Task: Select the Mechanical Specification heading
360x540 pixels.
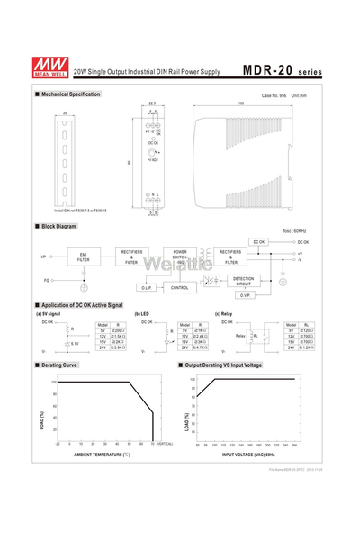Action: pos(69,94)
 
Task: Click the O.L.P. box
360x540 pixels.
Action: pos(147,288)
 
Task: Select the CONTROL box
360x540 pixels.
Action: pos(180,288)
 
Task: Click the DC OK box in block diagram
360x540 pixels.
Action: pos(259,241)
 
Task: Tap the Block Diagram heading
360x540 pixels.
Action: pos(58,226)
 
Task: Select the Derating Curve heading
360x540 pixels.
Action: pos(58,364)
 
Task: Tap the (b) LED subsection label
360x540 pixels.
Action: pos(142,314)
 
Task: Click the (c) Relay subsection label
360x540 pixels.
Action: pos(224,314)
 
